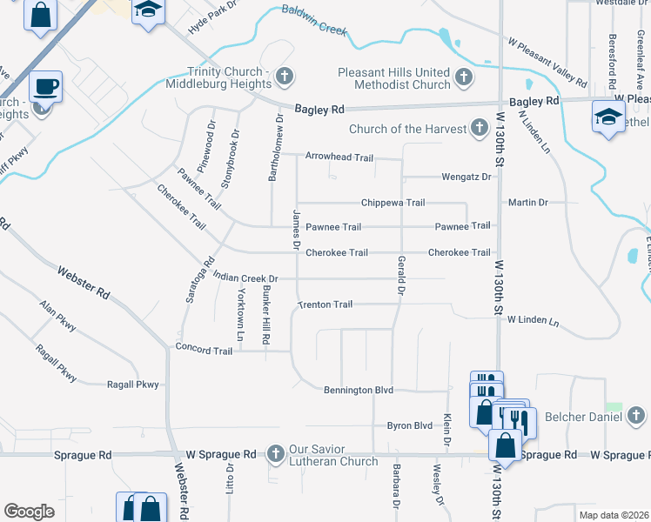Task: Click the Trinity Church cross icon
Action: click(283, 77)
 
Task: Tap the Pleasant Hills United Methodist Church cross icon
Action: click(463, 77)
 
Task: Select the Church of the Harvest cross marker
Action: click(478, 130)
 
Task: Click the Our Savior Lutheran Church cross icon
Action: click(275, 453)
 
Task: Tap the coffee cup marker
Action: click(45, 87)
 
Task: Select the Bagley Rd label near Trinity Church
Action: click(319, 110)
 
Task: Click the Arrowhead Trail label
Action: click(339, 157)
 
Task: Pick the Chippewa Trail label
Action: click(393, 203)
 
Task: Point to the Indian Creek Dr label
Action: click(245, 278)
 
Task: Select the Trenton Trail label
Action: click(325, 304)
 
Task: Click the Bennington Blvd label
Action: click(359, 391)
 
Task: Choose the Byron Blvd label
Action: click(409, 425)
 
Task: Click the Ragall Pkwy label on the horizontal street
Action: click(133, 385)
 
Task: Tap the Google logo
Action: click(29, 512)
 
